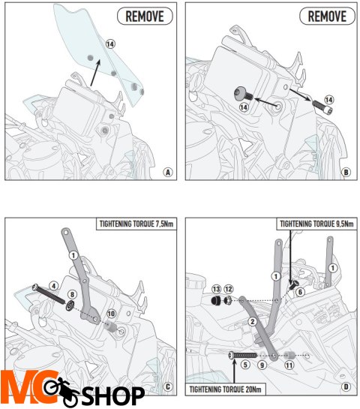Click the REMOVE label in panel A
pyautogui.click(x=145, y=16)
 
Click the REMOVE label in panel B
pyautogui.click(x=327, y=16)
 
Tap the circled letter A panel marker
pyautogui.click(x=168, y=172)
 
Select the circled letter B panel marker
pyautogui.click(x=346, y=172)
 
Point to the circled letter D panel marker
pyautogui.click(x=346, y=386)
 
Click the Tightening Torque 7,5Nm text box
pyautogui.click(x=136, y=224)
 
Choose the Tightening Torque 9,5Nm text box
pyautogui.click(x=316, y=224)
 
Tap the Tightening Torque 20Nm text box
pyautogui.click(x=225, y=389)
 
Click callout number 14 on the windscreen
pyautogui.click(x=110, y=44)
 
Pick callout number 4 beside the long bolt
pyautogui.click(x=54, y=286)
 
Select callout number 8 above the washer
pyautogui.click(x=72, y=294)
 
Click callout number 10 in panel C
pyautogui.click(x=111, y=313)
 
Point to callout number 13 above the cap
pyautogui.click(x=216, y=289)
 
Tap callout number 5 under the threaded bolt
pyautogui.click(x=245, y=365)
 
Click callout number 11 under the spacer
pyautogui.click(x=289, y=365)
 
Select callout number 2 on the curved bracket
pyautogui.click(x=252, y=322)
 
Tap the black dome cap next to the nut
pyautogui.click(x=216, y=301)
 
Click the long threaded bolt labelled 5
pyautogui.click(x=243, y=355)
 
